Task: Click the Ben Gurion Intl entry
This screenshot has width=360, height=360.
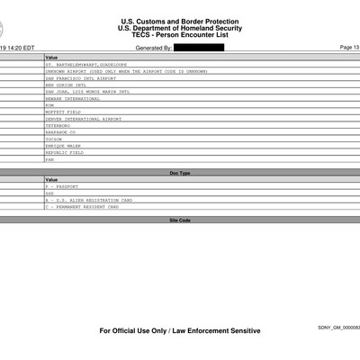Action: coord(65,85)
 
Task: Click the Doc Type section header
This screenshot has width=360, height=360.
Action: coord(180,172)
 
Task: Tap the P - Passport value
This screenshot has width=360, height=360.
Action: coord(62,185)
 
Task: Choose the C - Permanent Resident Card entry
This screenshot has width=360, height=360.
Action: coord(83,207)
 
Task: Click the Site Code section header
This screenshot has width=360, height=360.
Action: coord(180,220)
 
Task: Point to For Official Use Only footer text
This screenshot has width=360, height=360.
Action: coord(180,330)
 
